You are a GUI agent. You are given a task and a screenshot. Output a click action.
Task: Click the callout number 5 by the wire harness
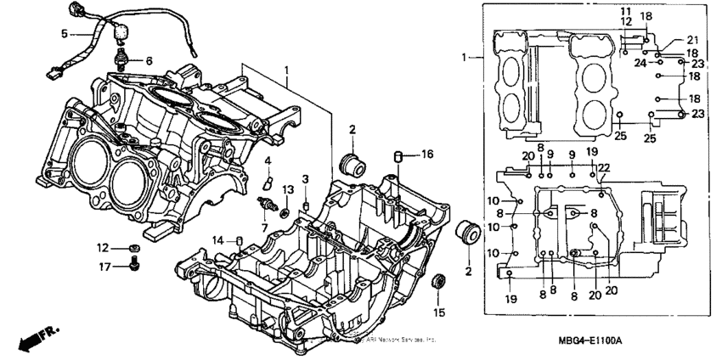(64, 34)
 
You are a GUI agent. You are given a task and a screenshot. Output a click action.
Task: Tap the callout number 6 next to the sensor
(149, 61)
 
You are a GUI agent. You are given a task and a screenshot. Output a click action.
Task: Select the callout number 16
(427, 155)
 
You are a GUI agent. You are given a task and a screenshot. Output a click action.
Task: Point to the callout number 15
(438, 312)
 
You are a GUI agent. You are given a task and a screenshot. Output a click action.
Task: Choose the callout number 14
(218, 240)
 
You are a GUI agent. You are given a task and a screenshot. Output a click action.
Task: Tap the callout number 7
(263, 228)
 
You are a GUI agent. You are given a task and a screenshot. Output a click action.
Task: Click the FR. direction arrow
(31, 337)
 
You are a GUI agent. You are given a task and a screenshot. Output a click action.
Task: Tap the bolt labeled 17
(132, 267)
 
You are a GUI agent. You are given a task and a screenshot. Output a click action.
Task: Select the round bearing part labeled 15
(439, 284)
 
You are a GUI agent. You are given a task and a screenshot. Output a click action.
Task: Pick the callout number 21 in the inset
(691, 41)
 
